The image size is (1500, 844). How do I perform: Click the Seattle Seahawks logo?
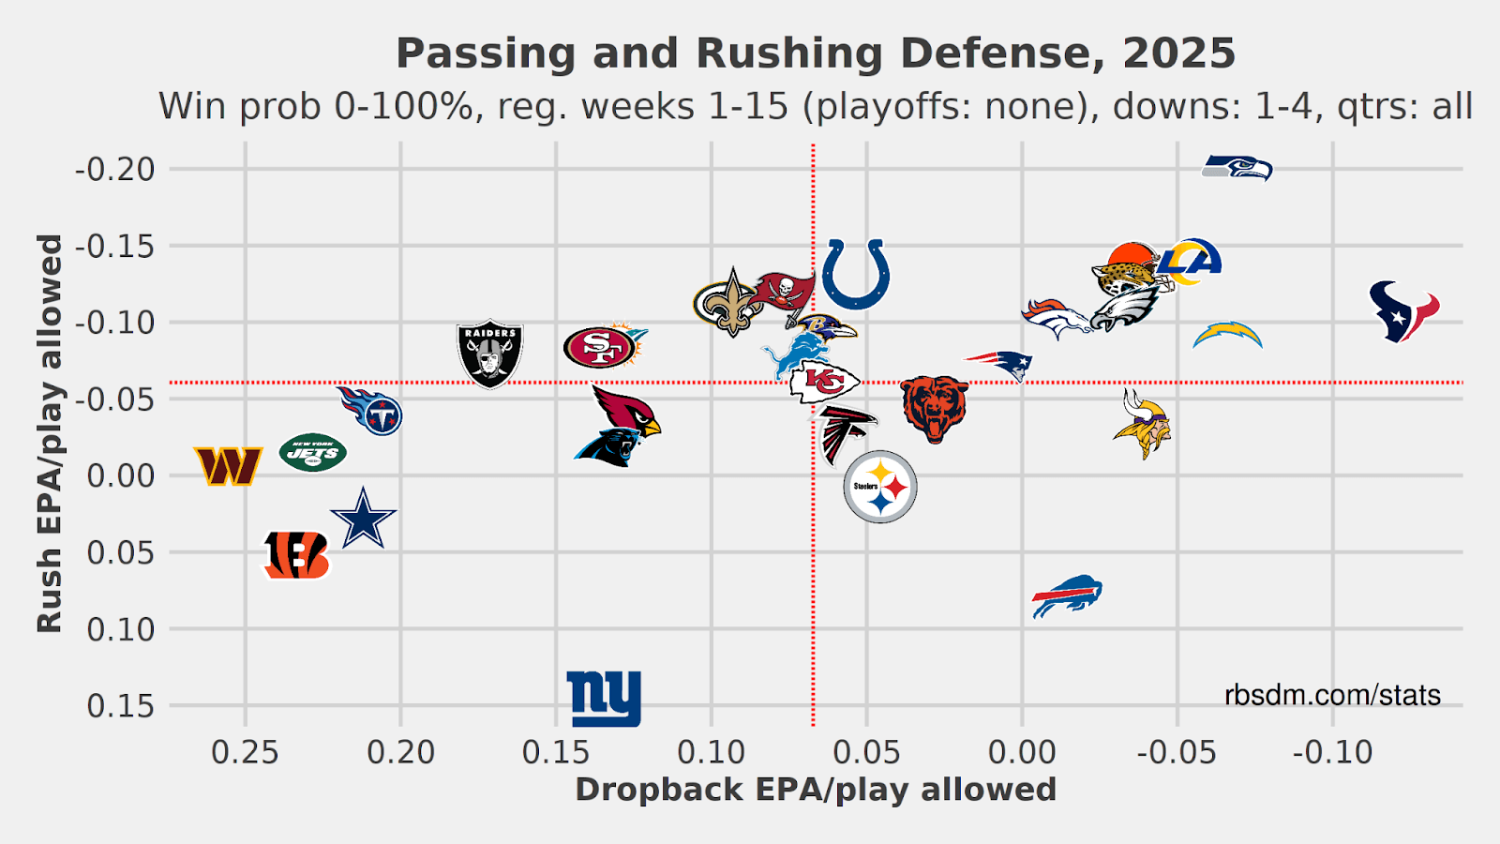point(1237,168)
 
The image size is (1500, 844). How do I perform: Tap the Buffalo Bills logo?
point(1067,595)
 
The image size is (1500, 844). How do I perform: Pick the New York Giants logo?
point(605,699)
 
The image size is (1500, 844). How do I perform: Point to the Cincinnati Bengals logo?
point(296,554)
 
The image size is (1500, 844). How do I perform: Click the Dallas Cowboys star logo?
point(363,519)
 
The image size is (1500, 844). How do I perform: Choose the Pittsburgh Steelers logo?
point(879,487)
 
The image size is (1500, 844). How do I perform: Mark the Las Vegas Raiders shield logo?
point(489,354)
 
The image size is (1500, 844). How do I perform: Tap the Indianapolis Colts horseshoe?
point(855,274)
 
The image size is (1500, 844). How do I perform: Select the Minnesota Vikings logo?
point(1143,424)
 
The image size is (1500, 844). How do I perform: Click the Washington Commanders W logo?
point(228,465)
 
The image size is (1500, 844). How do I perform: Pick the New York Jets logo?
point(313,454)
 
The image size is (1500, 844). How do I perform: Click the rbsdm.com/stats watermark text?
point(1332,695)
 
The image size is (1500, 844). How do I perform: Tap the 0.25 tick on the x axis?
point(246,752)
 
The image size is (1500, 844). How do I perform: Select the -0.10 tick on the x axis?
point(1332,752)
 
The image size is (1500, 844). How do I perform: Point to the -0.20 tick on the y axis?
point(114,170)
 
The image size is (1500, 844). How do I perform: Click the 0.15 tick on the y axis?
point(121,705)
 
